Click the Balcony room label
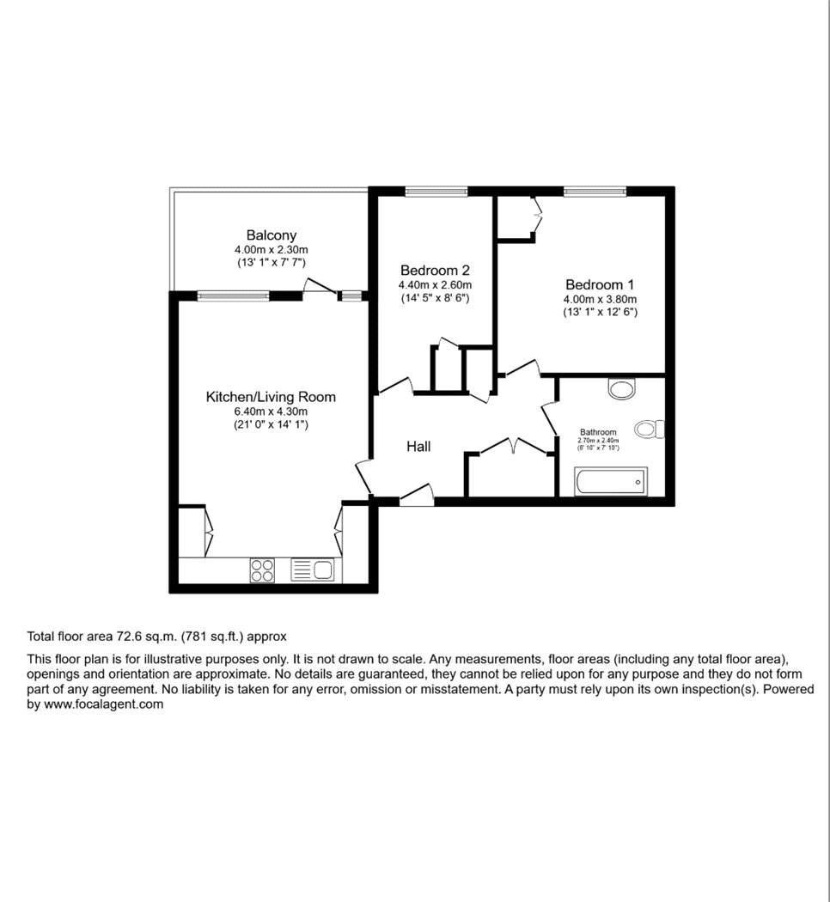[271, 235]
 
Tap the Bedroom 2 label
[435, 270]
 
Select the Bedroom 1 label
[600, 284]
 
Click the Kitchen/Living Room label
[271, 397]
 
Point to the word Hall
[418, 447]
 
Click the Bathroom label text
[598, 432]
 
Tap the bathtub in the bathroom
[611, 481]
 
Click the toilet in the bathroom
[650, 430]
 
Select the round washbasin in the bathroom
[622, 388]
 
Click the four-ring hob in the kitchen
[262, 570]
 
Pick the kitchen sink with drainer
[313, 570]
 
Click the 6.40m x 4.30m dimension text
[271, 411]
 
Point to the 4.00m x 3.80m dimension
[600, 299]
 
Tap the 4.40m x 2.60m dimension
[435, 284]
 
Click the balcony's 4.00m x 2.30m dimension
[271, 250]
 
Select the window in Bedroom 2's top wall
[436, 192]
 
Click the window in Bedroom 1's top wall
[595, 192]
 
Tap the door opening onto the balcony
[320, 288]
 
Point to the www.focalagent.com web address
[103, 704]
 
